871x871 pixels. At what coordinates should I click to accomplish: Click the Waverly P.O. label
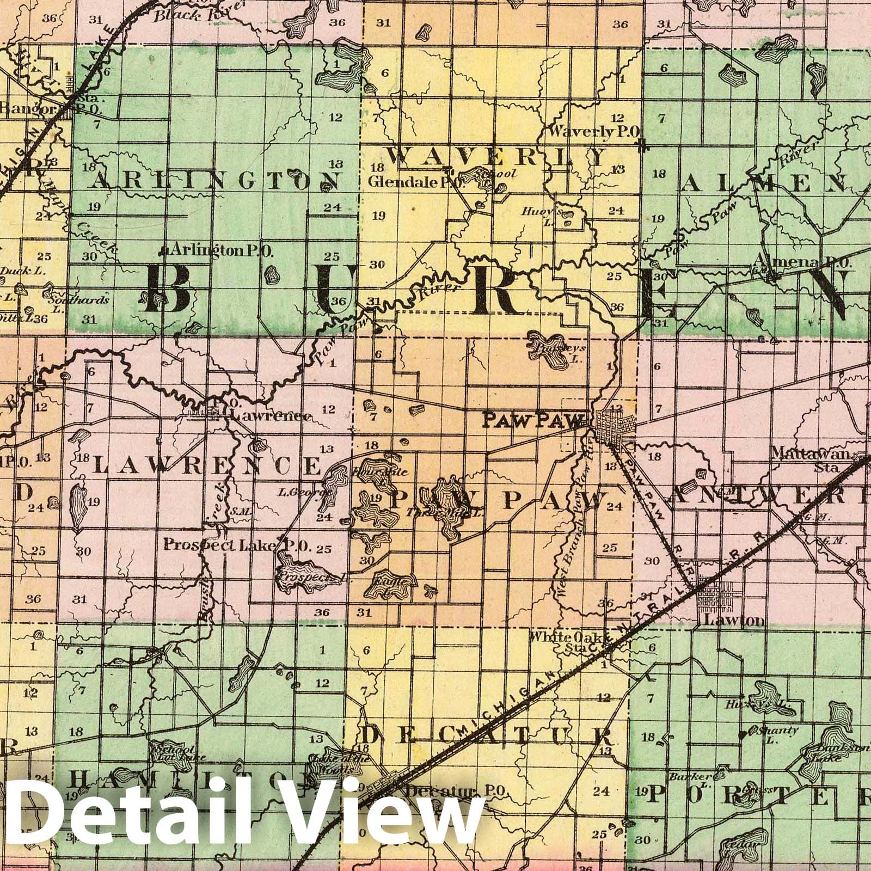click(x=594, y=131)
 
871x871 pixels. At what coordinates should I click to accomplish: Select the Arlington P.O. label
click(x=222, y=250)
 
